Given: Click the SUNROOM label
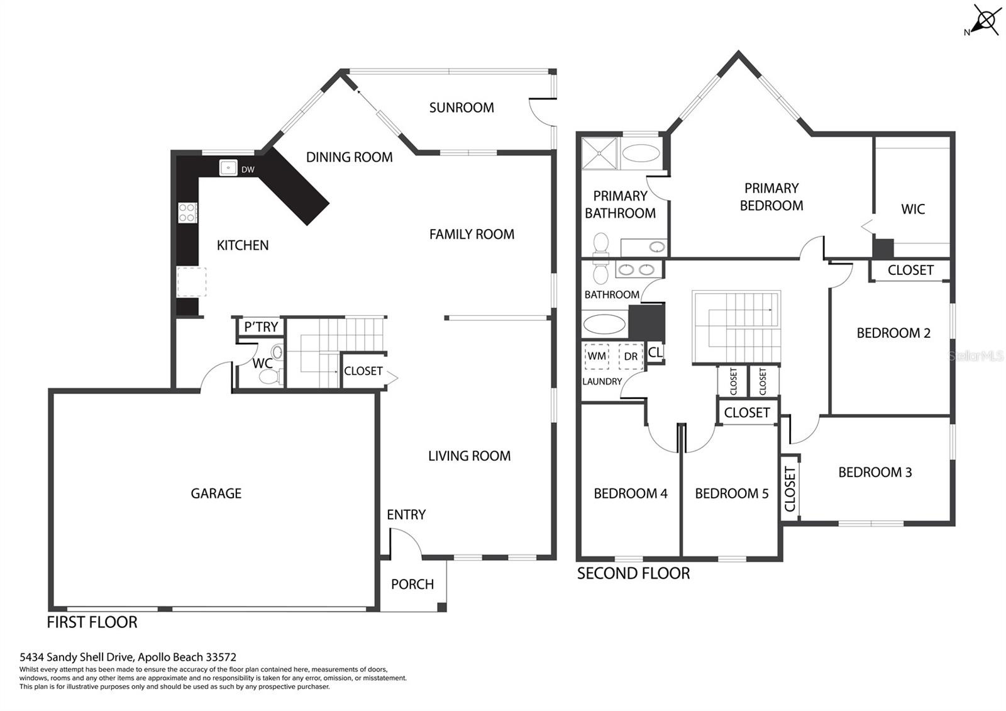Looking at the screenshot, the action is point(462,108).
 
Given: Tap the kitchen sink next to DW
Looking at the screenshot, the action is point(228,167).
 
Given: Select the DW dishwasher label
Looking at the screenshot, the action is point(248,169).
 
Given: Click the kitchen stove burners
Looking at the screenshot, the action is point(187,213).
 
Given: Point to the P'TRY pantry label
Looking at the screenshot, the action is point(261,327).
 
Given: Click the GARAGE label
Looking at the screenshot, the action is point(216,493).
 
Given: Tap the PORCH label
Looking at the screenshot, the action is point(412,585).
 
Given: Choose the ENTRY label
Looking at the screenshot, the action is point(406,515).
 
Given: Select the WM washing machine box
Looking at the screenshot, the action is point(597,356).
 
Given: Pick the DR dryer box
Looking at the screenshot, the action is point(631,356).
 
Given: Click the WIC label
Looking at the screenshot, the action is point(912,209).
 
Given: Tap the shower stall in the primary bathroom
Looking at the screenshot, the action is point(600,154).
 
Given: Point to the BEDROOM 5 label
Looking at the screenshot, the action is point(732,493).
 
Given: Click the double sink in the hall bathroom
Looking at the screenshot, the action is point(636,270).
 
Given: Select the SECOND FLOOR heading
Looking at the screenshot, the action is point(633,573).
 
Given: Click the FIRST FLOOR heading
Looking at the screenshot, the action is point(92,622).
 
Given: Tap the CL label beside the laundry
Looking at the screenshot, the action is point(655,352).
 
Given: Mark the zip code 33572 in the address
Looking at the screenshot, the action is point(221,657).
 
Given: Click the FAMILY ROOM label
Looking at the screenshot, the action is point(472,234).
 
